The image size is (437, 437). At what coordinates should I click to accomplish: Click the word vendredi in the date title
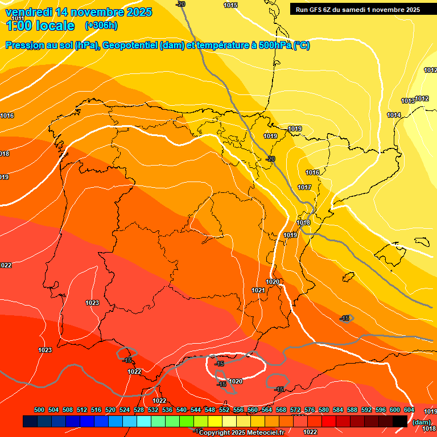coord(28,11)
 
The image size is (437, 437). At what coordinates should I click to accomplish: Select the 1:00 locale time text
coord(40,26)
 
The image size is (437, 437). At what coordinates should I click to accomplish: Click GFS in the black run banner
coord(318,9)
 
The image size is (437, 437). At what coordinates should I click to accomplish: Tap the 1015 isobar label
coord(230,5)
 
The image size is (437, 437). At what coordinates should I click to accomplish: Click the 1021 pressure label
coord(258,290)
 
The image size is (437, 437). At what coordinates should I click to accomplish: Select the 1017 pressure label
coord(304,187)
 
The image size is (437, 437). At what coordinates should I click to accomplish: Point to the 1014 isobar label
coord(394,116)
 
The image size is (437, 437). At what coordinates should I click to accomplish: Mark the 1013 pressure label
coord(408,101)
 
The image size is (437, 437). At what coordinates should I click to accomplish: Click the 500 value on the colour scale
coord(39,410)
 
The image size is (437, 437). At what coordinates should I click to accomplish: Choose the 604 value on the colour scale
coord(409,410)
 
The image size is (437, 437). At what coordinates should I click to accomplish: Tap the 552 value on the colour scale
coord(224,410)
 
